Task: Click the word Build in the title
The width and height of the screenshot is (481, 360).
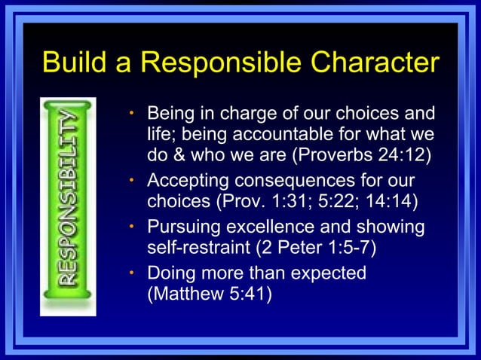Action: pos(72,63)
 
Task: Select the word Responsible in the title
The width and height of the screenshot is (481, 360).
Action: pos(201,63)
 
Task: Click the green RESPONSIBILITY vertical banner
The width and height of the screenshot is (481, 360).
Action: pos(68,203)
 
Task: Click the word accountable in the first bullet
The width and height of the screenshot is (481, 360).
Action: pos(285,136)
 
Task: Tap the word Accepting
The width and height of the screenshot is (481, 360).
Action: pos(191,182)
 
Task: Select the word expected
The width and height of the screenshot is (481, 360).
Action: pos(329,272)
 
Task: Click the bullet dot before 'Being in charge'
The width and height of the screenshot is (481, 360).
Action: pos(130,115)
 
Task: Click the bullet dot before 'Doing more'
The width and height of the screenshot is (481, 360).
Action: pos(130,272)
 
